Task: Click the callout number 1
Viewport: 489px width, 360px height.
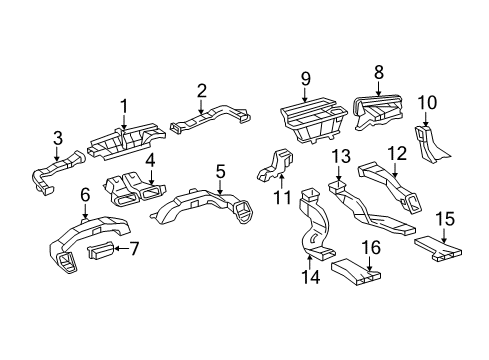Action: click(124, 106)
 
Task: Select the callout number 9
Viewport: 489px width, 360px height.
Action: click(306, 79)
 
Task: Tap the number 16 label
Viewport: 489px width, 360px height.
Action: click(371, 248)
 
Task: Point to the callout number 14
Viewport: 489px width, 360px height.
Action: click(311, 277)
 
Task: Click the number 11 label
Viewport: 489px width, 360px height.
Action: click(282, 197)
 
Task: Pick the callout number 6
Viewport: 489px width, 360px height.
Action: click(85, 195)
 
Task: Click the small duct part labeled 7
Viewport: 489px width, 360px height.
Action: click(99, 250)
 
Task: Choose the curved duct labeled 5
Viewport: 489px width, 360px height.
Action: click(203, 208)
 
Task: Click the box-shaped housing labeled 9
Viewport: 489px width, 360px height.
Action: click(313, 121)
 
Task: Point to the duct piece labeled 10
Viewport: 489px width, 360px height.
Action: click(430, 143)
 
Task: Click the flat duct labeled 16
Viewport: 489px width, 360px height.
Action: click(356, 272)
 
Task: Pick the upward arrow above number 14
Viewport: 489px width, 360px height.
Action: click(310, 262)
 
